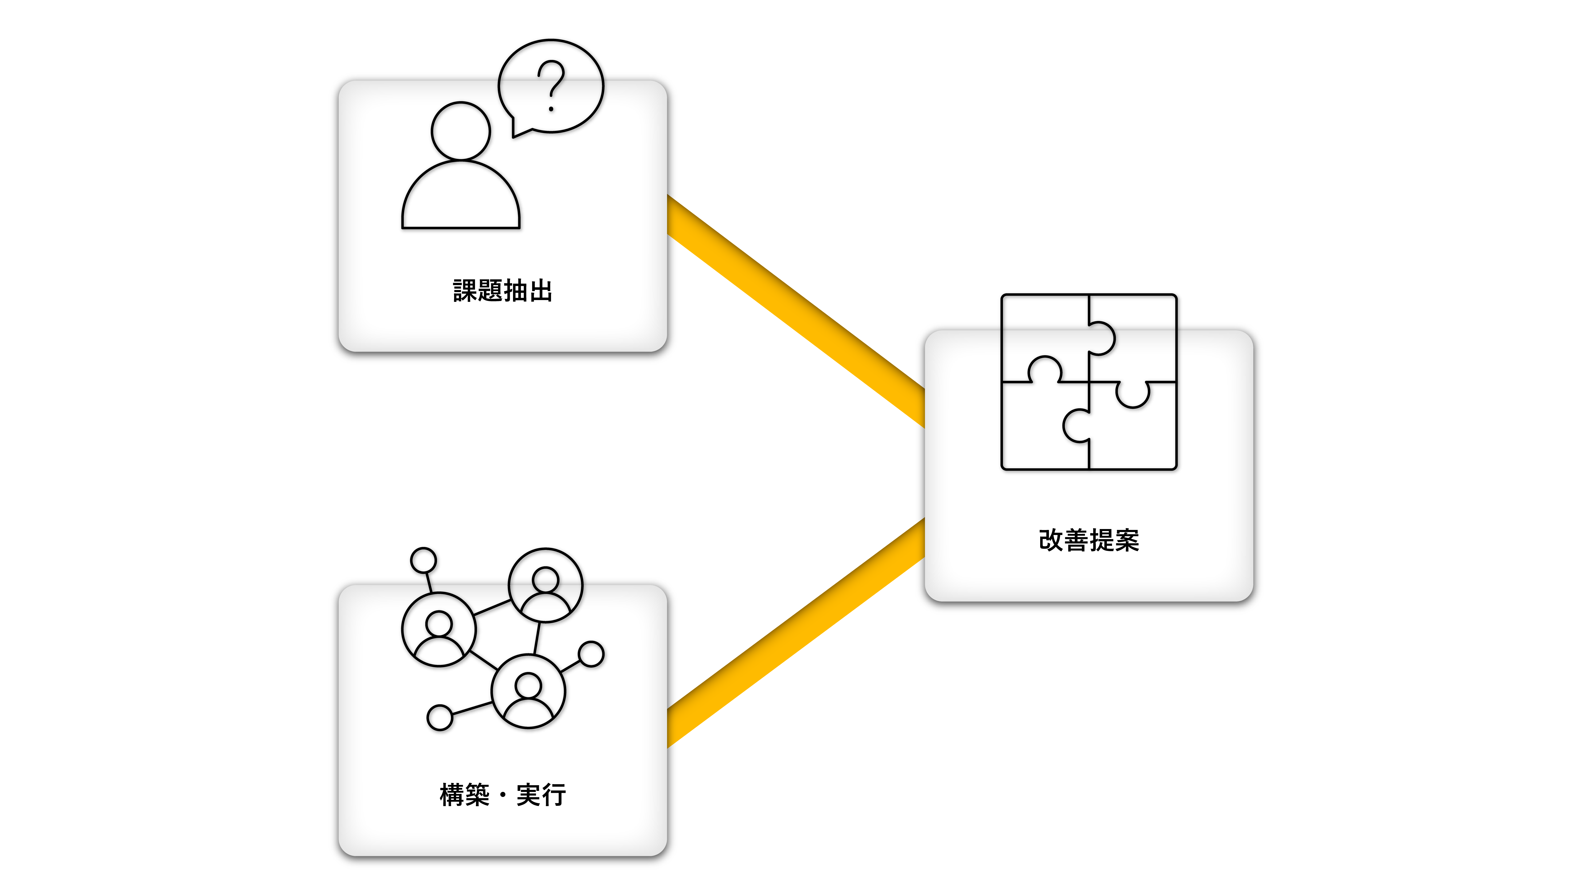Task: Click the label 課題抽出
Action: click(502, 291)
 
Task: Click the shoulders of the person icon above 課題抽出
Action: click(460, 198)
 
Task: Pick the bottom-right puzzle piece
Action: click(1134, 433)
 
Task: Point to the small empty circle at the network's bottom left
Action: click(439, 717)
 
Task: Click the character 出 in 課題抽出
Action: click(541, 291)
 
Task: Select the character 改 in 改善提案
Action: click(1051, 540)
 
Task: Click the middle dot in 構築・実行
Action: click(502, 795)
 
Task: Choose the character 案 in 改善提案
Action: click(1127, 540)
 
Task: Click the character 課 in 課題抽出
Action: click(465, 291)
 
